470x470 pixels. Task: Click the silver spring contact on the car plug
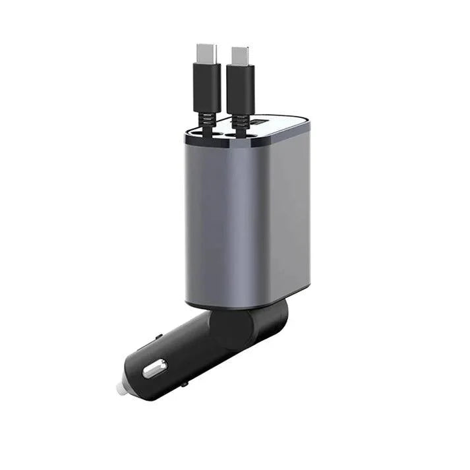[x=155, y=368]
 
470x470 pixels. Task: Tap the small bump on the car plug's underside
[x=185, y=382]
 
